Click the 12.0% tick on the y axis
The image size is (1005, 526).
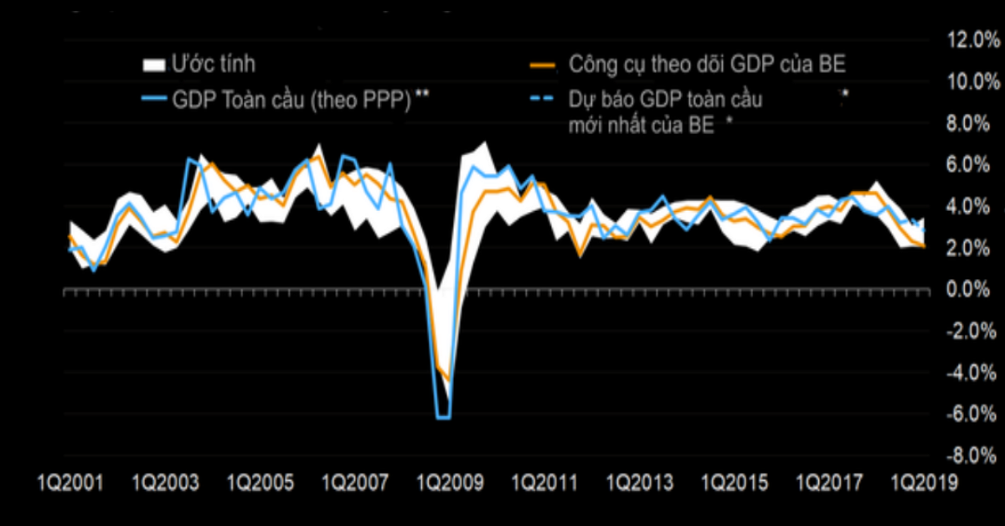coord(968,40)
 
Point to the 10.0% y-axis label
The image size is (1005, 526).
coord(968,82)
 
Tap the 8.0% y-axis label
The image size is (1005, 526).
coord(971,124)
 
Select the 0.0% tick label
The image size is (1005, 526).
coord(971,290)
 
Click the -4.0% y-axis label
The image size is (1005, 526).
coord(968,374)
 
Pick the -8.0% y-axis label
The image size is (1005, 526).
coord(968,456)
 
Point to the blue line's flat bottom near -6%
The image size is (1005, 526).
coord(444,416)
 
